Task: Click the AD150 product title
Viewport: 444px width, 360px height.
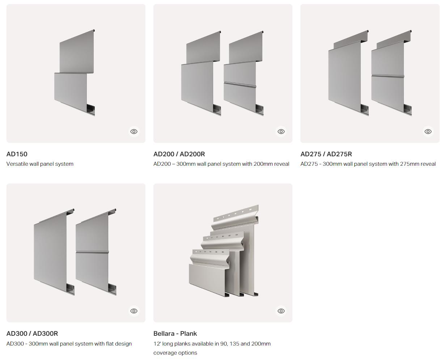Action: (17, 154)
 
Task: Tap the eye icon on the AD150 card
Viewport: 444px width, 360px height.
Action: (134, 132)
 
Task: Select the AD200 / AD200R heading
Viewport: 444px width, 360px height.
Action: (179, 154)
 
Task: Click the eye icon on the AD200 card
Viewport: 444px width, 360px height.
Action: (281, 132)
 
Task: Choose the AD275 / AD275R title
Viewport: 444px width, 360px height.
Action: (326, 154)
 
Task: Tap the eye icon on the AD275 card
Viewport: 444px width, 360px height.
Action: (428, 132)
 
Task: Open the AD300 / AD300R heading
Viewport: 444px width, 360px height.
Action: (32, 334)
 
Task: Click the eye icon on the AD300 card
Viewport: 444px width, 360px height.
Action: (134, 311)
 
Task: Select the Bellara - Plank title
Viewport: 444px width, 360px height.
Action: (175, 334)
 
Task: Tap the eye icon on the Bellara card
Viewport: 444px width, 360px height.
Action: (281, 311)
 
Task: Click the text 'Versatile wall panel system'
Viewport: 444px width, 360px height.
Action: (40, 164)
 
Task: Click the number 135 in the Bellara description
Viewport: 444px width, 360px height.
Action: (234, 344)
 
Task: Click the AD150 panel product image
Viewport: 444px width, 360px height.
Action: (75, 72)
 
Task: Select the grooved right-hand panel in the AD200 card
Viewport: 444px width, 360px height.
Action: (244, 73)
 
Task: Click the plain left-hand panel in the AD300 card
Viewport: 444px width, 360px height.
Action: (54, 252)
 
